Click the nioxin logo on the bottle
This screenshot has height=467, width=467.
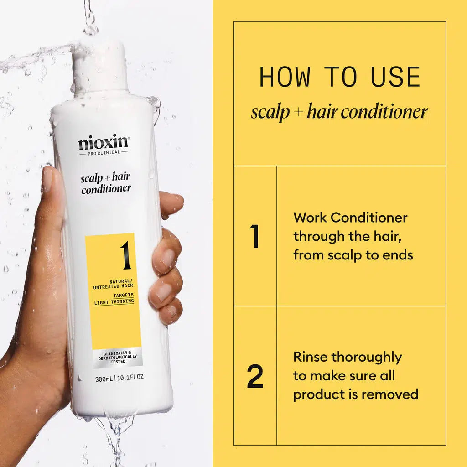(x=104, y=143)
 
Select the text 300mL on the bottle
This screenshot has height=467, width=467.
(x=104, y=378)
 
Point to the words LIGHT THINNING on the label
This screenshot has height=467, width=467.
(x=114, y=301)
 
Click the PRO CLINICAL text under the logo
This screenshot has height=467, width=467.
(x=104, y=153)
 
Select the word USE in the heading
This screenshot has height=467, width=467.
(x=395, y=77)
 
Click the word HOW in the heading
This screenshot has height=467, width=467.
(x=285, y=77)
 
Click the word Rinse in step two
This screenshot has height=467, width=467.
(x=310, y=357)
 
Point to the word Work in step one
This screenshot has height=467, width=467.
(x=310, y=218)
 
